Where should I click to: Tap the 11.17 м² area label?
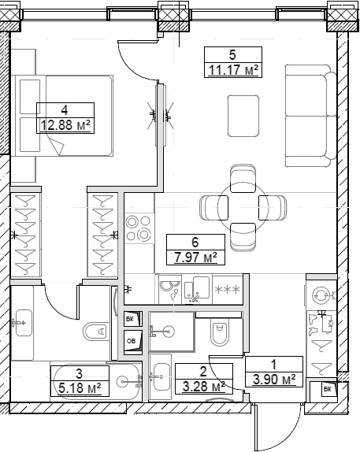pos(232,70)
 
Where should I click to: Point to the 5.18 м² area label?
pos(79,387)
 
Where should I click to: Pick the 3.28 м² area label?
pos(202,386)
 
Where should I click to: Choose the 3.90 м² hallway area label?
pos(273,380)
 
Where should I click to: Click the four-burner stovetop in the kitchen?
pos(139,228)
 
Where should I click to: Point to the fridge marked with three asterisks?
pos(228,290)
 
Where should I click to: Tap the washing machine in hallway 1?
pos(321,295)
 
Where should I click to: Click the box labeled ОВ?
pos(131,340)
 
